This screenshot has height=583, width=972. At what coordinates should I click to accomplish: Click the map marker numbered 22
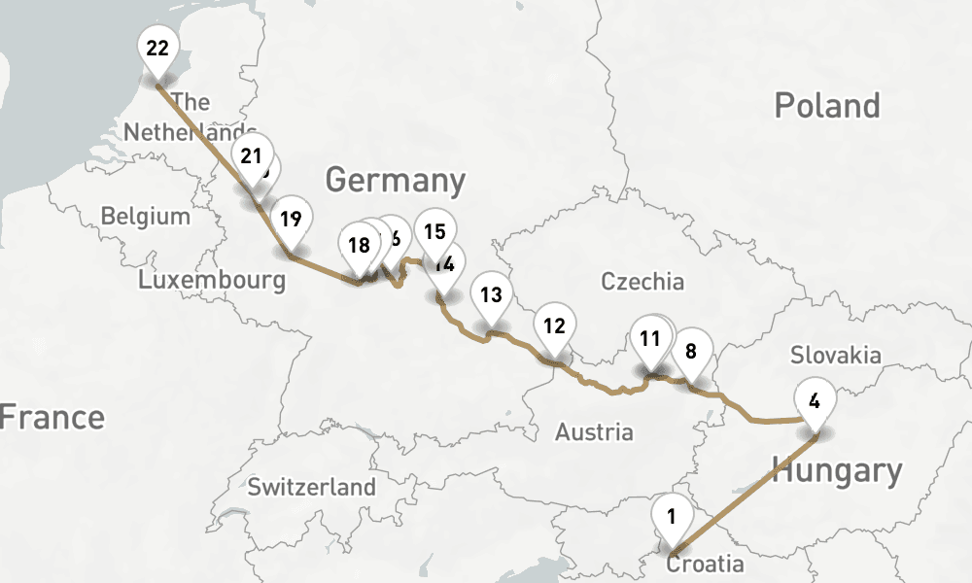pos(156,48)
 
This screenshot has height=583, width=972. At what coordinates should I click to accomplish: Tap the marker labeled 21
pos(252,156)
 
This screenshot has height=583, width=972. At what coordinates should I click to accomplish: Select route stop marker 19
pos(290,219)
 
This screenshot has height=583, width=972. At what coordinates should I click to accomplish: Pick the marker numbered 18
pos(359,245)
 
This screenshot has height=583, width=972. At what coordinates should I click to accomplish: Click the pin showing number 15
pos(434,231)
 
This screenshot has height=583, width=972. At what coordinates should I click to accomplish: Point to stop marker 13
pos(491,294)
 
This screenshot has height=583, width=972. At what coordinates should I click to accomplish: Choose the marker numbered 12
pos(554,326)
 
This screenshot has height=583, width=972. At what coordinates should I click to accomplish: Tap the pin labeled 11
pos(650,339)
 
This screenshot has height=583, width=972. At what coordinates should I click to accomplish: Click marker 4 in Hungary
pos(815,399)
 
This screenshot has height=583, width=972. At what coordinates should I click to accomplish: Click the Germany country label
pos(395,181)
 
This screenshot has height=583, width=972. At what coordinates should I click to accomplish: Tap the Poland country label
pos(827,106)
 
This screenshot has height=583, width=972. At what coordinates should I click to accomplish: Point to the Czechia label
pos(642,282)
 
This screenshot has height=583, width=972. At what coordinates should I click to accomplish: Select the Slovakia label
pos(835,355)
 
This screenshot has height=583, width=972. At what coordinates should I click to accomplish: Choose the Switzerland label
pos(311,487)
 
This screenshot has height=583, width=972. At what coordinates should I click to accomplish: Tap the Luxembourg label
pos(212,281)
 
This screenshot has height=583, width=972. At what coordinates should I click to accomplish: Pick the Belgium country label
pos(146,216)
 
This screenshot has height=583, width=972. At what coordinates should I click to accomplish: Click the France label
pos(51,418)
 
